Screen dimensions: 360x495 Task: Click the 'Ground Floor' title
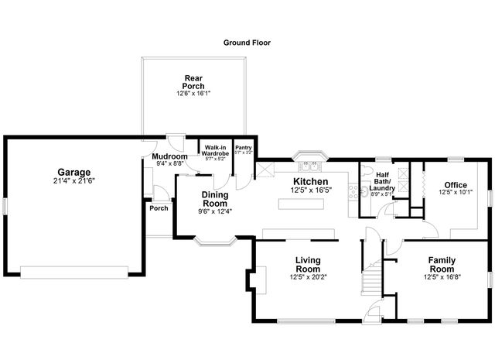click(247, 43)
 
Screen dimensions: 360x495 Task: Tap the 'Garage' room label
click(73, 172)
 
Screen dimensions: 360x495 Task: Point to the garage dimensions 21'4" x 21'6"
click(73, 180)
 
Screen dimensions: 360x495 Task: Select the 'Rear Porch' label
click(193, 81)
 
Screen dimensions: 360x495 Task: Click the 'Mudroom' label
click(169, 156)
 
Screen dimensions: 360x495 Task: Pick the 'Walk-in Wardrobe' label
click(215, 150)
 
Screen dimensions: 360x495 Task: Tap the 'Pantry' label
click(243, 147)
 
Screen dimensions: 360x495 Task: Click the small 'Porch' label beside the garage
click(159, 207)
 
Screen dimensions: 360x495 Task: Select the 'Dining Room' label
click(215, 199)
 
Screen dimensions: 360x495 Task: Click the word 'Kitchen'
click(310, 181)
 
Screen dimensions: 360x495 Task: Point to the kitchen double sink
click(311, 165)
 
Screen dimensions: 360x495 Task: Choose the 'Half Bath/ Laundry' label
click(382, 181)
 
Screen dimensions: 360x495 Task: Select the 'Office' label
click(455, 184)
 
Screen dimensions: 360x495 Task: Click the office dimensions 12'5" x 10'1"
click(455, 192)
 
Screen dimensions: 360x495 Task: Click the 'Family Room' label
click(442, 265)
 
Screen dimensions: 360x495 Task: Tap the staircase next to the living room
click(374, 275)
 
